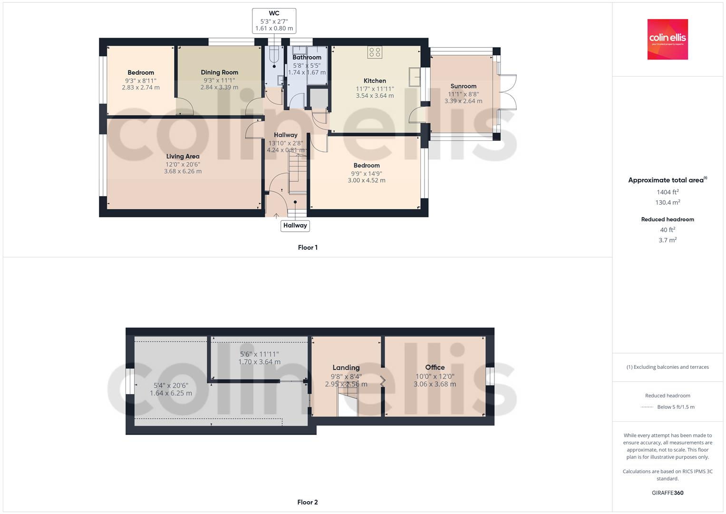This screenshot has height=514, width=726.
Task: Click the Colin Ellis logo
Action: click(668, 39)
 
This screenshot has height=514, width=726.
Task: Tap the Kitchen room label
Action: click(375, 81)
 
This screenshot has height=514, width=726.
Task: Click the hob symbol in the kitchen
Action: click(375, 52)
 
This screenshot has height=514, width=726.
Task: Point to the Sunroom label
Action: click(463, 86)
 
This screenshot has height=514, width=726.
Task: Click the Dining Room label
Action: click(219, 72)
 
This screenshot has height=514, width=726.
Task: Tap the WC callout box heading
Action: click(274, 13)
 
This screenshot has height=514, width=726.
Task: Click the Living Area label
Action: click(183, 156)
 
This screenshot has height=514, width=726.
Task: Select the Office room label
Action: click(435, 367)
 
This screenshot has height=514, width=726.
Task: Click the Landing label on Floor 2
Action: click(346, 367)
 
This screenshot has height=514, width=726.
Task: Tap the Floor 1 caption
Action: click(308, 247)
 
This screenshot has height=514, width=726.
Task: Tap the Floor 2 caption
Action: click(308, 502)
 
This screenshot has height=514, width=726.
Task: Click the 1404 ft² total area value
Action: click(668, 192)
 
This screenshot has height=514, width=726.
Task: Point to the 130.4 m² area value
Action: click(668, 202)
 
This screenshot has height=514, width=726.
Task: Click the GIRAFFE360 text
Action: click(668, 493)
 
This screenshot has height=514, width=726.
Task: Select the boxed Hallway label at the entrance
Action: click(295, 226)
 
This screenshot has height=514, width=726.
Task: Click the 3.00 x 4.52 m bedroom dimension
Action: click(366, 180)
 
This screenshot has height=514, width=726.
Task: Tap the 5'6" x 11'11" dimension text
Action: click(259, 354)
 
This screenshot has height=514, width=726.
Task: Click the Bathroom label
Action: click(307, 57)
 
